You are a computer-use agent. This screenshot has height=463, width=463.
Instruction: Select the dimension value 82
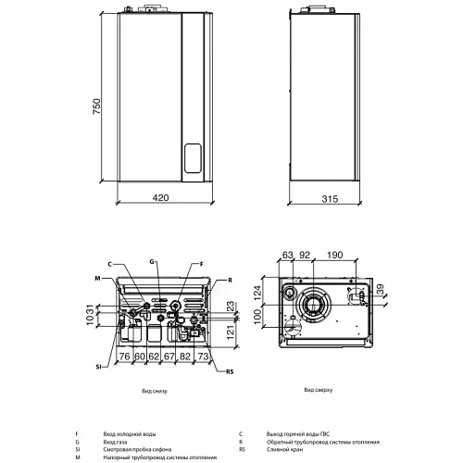(x=187, y=356)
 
